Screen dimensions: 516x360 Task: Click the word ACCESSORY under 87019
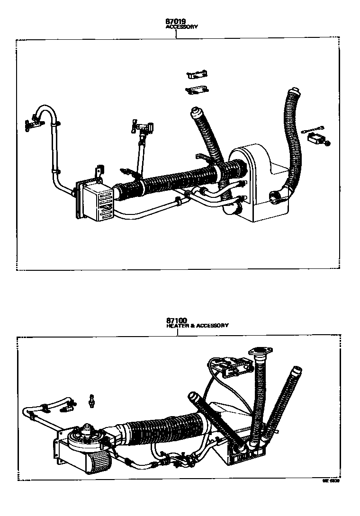click(181, 27)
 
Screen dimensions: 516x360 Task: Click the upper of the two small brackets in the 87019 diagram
click(198, 74)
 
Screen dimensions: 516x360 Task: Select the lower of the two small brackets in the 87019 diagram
click(196, 89)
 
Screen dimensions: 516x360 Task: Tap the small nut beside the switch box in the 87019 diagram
click(328, 143)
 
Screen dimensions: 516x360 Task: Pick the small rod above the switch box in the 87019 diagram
click(311, 128)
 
